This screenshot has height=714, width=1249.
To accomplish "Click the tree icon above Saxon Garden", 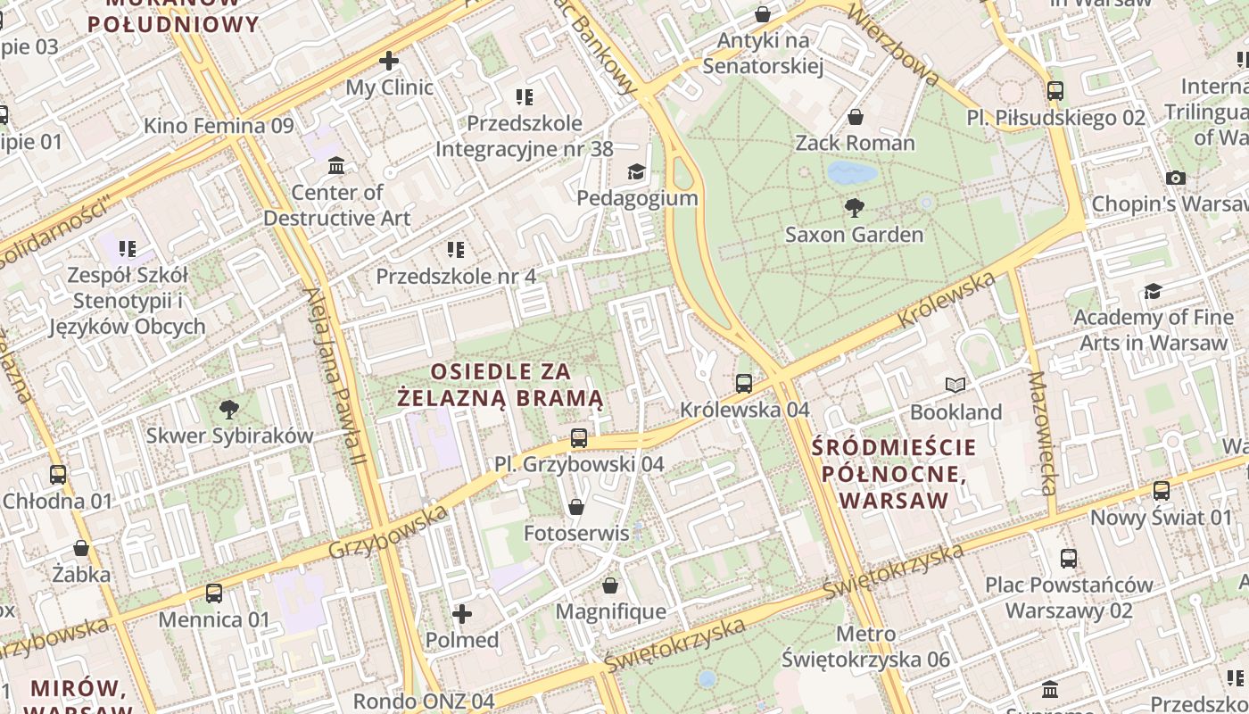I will click(855, 208).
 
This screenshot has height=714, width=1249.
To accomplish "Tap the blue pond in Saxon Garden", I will click(851, 172).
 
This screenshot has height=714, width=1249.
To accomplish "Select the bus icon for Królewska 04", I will click(744, 384).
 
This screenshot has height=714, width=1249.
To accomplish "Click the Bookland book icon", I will click(955, 386).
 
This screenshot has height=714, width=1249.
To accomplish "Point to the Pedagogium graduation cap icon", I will click(636, 171).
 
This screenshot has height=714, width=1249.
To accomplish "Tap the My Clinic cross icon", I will click(389, 61).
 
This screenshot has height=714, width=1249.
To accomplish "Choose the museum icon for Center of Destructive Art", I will click(336, 166).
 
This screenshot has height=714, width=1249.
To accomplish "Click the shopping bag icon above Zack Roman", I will click(855, 117).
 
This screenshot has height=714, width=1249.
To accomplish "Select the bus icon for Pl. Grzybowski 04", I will click(579, 438).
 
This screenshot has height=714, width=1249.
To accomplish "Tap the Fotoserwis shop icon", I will click(576, 507).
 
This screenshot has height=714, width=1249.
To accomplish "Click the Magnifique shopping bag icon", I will click(610, 585).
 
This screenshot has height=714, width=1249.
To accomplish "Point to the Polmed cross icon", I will click(462, 614).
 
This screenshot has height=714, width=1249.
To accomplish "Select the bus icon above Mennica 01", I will click(214, 594).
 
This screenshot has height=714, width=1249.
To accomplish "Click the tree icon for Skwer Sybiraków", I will click(229, 410).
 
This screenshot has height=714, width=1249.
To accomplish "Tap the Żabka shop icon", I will click(81, 548).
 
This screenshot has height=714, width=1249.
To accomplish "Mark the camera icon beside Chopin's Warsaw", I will click(1176, 178).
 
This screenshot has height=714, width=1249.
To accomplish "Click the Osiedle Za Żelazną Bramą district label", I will click(500, 384).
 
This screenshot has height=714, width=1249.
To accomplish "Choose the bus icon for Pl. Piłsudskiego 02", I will click(1055, 91).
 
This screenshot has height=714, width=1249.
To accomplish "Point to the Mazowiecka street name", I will click(1042, 433).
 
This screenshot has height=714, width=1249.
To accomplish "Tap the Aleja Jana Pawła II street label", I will click(335, 375).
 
